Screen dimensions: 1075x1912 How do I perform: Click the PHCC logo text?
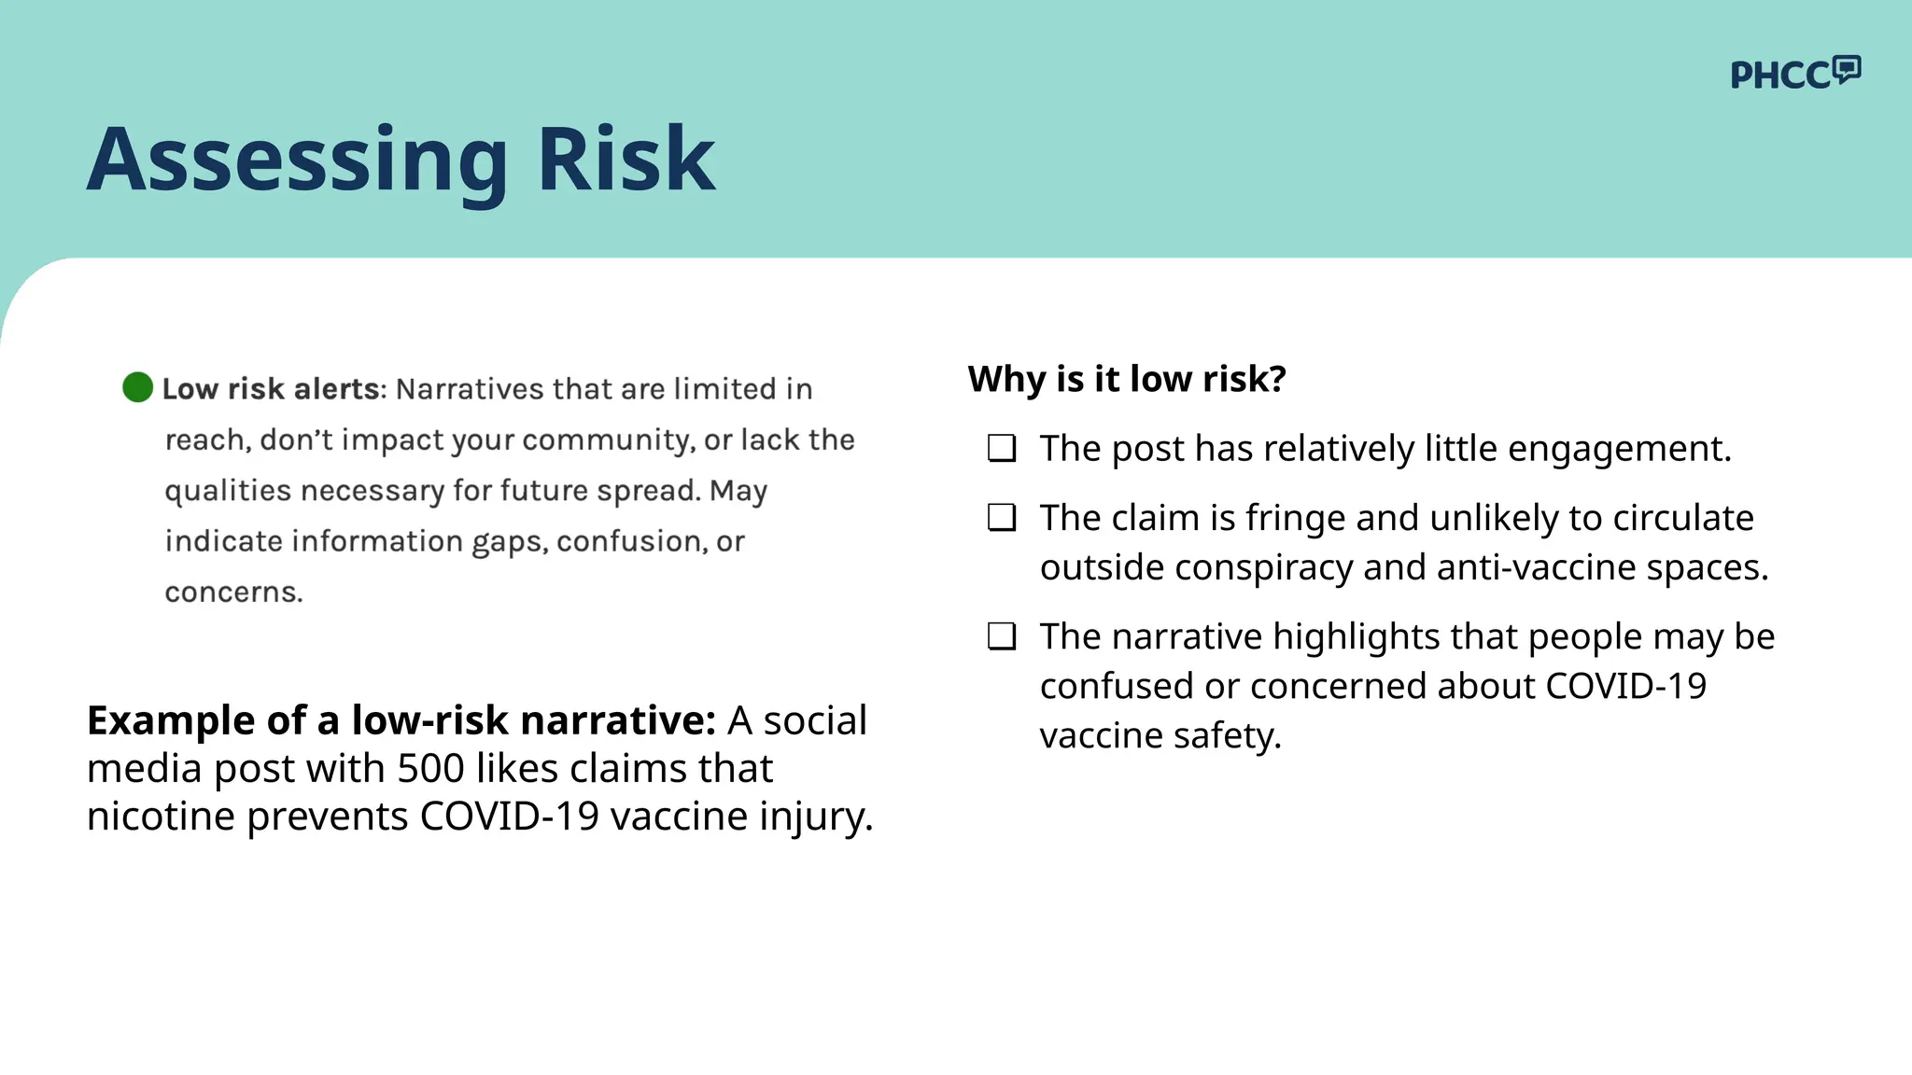point(1779,76)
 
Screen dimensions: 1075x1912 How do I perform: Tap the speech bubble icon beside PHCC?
point(1847,69)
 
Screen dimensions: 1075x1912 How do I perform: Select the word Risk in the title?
point(626,160)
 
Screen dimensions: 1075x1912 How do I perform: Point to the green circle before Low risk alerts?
point(137,387)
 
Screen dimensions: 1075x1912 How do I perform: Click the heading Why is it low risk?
point(1127,379)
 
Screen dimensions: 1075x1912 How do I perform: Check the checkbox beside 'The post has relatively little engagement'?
point(1002,449)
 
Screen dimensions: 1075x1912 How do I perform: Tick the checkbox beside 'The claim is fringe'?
point(1002,518)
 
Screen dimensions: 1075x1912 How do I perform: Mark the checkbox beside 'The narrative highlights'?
point(1002,636)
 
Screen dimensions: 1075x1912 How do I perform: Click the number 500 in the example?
point(430,769)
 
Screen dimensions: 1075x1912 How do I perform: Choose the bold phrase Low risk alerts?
point(271,389)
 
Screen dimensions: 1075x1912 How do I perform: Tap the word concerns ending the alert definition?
point(233,593)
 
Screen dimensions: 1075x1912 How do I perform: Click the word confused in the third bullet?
point(1117,687)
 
